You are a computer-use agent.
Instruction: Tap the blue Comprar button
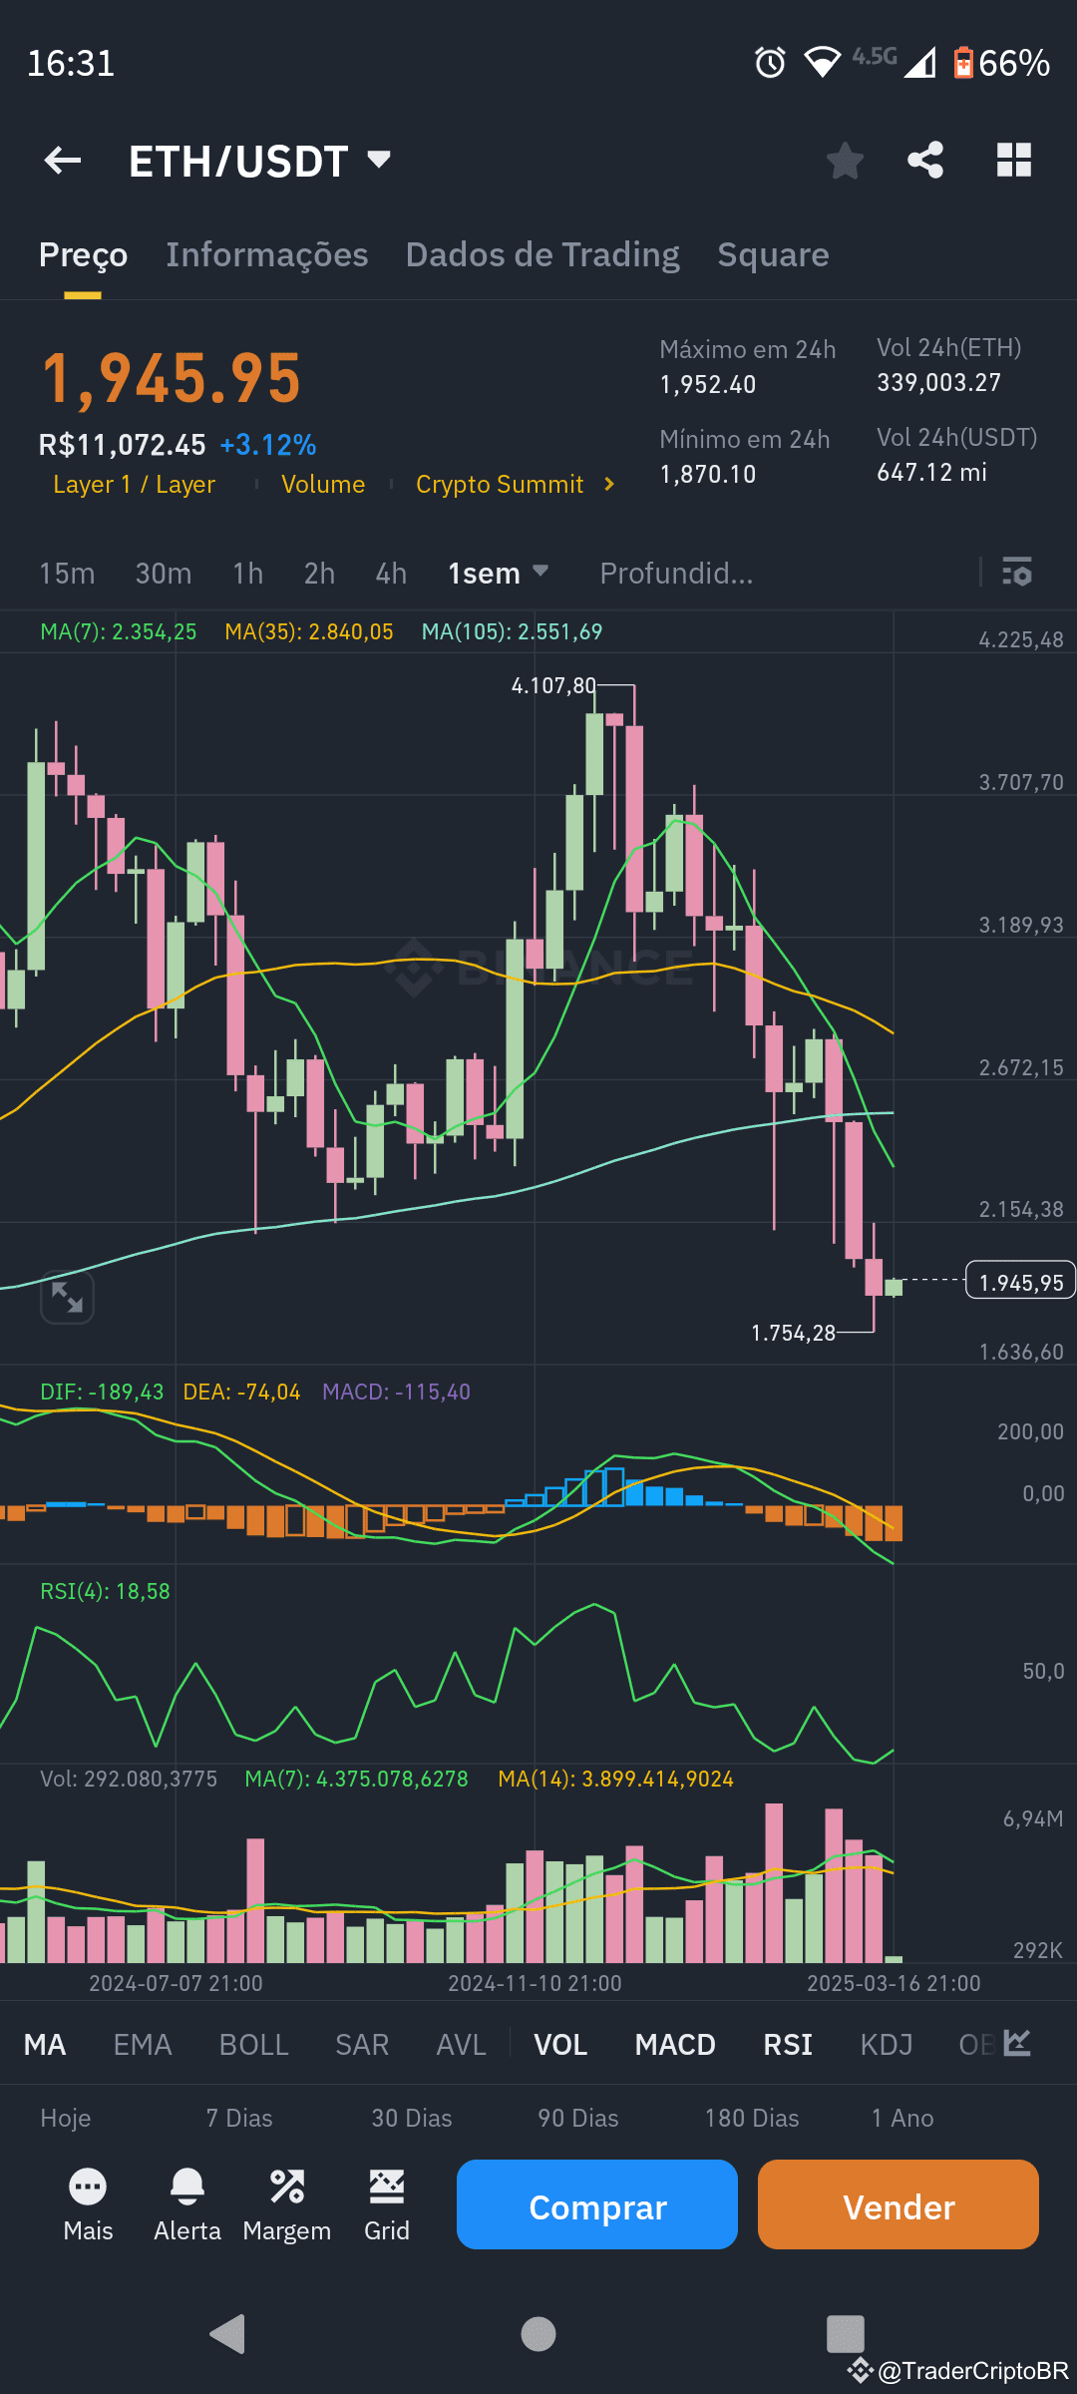[596, 2205]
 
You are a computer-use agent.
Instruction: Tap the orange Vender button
[897, 2205]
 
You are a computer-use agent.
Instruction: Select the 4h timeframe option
[391, 574]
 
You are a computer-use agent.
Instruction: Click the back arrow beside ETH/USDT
[63, 161]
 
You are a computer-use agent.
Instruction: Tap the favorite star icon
[845, 161]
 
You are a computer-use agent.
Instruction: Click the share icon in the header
[925, 161]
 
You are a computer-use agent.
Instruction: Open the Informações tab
[266, 255]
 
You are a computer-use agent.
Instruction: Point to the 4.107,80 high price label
[553, 686]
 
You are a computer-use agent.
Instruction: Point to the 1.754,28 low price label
[793, 1334]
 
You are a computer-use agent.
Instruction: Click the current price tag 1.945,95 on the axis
[1020, 1283]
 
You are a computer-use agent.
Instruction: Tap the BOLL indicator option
[253, 2045]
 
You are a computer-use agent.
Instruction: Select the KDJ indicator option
[886, 2045]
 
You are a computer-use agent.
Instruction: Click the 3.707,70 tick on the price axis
[1020, 783]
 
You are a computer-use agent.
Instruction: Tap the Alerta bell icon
[187, 2188]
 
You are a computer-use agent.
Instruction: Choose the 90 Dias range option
[577, 2118]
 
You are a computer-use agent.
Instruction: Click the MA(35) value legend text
[309, 632]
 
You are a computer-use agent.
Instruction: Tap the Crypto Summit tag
[500, 485]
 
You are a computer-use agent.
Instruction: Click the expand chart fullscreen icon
[67, 1298]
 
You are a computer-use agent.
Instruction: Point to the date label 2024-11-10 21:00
[535, 1984]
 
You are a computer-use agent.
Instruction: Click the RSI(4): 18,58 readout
[105, 1592]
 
